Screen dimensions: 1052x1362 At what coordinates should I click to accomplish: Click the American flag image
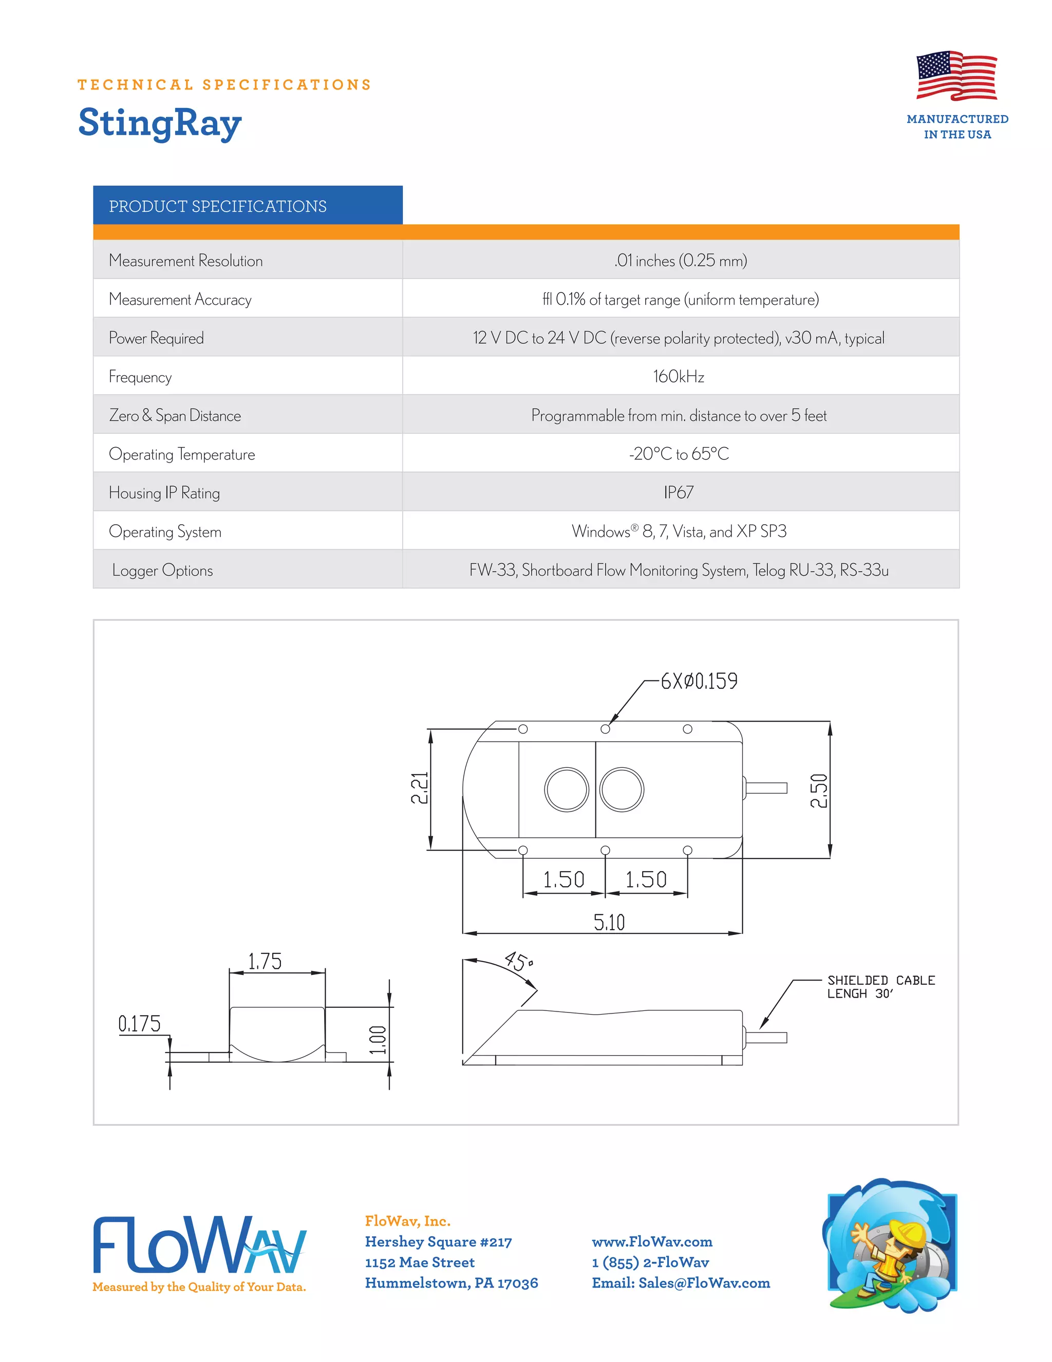(x=956, y=76)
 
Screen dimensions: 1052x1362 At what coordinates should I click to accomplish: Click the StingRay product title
(x=160, y=123)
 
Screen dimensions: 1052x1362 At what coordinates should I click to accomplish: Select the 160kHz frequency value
(x=679, y=377)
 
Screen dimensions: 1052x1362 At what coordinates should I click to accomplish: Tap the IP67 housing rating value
(x=679, y=493)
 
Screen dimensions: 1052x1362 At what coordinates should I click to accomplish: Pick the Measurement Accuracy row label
(x=180, y=299)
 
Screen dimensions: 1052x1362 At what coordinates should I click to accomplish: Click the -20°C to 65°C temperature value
(x=679, y=454)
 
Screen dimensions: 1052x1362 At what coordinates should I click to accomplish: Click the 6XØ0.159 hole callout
(x=699, y=681)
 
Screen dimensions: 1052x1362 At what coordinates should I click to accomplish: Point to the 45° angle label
(x=518, y=961)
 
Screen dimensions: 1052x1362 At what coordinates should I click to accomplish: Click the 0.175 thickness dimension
(x=140, y=1024)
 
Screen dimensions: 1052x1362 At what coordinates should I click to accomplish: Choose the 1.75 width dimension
(x=265, y=962)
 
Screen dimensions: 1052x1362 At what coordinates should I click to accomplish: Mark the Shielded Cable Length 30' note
(x=880, y=987)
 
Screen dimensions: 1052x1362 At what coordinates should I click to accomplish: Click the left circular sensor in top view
(x=566, y=789)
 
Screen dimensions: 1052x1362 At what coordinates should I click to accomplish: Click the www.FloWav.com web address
(x=652, y=1242)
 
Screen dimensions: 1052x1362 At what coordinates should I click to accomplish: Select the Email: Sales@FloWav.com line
(x=681, y=1283)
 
